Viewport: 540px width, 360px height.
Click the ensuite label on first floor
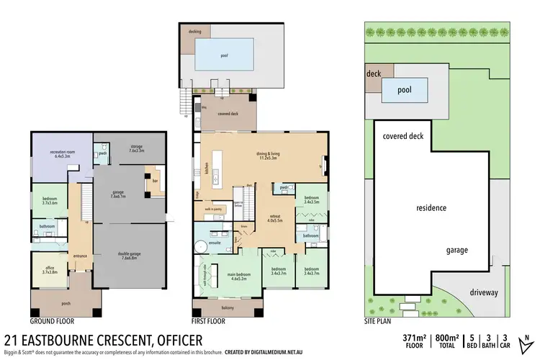click(x=214, y=243)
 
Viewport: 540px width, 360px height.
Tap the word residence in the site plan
click(x=432, y=208)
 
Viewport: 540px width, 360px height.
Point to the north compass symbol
click(x=528, y=340)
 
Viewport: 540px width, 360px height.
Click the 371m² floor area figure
click(x=414, y=336)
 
